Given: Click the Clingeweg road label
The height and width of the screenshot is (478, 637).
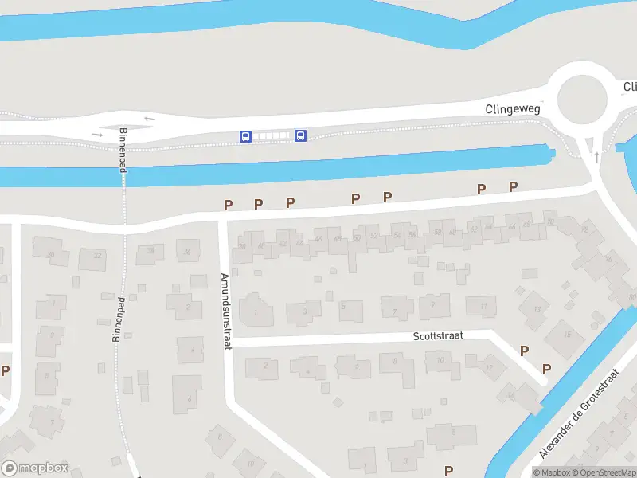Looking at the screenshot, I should (x=513, y=108).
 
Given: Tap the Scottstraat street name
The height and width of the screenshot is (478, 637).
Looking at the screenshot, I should (x=438, y=336).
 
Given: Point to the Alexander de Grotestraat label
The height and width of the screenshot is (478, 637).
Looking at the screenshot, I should (x=579, y=413).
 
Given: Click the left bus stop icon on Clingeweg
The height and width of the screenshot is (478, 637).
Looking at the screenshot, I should (x=245, y=136).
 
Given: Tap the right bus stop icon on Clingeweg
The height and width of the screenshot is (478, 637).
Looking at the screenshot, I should (x=300, y=135).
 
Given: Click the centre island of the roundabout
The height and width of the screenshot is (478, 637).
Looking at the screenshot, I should (x=582, y=101).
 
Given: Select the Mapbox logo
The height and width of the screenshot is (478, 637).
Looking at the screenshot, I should (x=35, y=468).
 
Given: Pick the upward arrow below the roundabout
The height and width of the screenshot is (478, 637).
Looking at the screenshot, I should (x=596, y=156).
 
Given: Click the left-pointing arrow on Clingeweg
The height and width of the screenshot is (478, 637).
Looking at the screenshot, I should (x=150, y=119).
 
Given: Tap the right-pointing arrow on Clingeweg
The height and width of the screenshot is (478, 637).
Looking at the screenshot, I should (x=97, y=135).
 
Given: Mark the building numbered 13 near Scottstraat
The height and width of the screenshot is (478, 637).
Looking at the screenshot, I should (x=537, y=308).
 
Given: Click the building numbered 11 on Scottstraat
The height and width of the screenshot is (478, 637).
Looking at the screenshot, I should (x=482, y=305).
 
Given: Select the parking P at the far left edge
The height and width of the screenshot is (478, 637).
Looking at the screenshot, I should (x=5, y=370).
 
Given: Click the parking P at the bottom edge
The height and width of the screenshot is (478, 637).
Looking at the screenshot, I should (x=448, y=471).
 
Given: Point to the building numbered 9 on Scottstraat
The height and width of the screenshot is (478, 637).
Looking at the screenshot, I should (x=432, y=304).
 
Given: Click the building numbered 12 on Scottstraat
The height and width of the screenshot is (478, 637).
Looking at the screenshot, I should (x=489, y=367).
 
